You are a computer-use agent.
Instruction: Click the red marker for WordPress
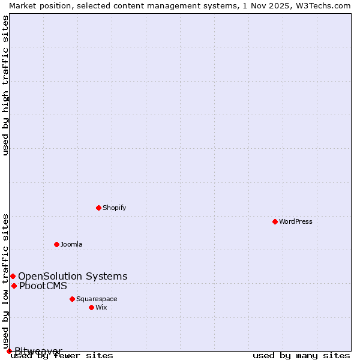point(275,221)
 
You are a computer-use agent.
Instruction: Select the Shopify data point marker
point(98,208)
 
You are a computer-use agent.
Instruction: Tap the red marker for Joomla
point(56,244)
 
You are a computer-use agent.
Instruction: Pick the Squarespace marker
point(72,299)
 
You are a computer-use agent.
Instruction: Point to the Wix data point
point(91,307)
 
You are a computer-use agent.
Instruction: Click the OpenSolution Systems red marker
point(13,276)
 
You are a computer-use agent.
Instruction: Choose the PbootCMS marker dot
point(14,286)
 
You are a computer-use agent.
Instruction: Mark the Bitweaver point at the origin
point(9,351)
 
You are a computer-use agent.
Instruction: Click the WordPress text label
point(296,221)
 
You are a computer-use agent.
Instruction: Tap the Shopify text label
point(114,208)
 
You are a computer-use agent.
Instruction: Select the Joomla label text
point(71,244)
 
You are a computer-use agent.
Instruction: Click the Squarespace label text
point(97,299)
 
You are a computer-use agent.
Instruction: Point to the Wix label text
point(101,307)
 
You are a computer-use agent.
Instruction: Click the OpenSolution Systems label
point(73,276)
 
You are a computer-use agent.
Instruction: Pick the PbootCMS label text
point(43,286)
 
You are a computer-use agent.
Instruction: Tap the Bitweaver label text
point(38,351)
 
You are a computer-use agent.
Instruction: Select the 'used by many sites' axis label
point(301,355)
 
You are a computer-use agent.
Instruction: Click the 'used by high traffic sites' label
point(5,85)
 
